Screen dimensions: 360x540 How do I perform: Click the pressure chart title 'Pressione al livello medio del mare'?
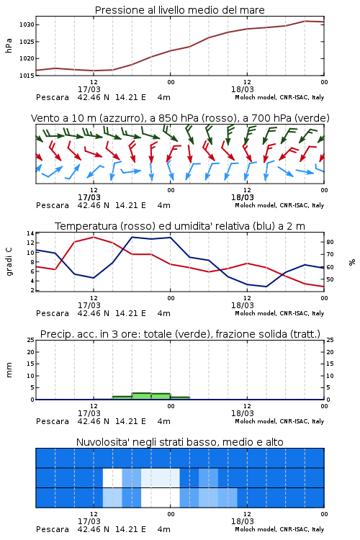(x=179, y=10)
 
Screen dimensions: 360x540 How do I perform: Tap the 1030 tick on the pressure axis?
(x=27, y=24)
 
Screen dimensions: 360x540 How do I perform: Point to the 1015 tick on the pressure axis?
(x=27, y=76)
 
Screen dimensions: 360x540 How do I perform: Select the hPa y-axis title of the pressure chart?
(x=9, y=45)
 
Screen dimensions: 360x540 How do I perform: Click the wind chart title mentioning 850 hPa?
(x=180, y=118)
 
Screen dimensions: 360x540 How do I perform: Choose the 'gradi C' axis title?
(x=9, y=261)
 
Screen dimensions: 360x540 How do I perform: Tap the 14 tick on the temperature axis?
(x=31, y=233)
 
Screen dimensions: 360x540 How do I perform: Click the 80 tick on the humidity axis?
(x=330, y=242)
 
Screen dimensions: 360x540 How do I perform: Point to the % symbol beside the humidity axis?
(x=352, y=262)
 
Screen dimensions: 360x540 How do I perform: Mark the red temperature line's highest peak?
(x=94, y=237)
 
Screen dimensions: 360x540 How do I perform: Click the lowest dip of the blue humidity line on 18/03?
(x=266, y=287)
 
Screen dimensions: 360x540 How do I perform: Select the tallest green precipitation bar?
(x=142, y=396)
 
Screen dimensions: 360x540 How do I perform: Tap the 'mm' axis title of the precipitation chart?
(x=9, y=370)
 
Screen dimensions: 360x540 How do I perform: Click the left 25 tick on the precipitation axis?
(x=31, y=340)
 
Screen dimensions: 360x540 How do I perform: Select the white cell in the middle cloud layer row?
(x=112, y=477)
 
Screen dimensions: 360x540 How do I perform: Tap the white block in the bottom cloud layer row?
(x=160, y=498)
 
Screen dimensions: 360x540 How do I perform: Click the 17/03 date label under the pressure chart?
(x=89, y=89)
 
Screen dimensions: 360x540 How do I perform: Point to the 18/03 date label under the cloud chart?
(x=243, y=521)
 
